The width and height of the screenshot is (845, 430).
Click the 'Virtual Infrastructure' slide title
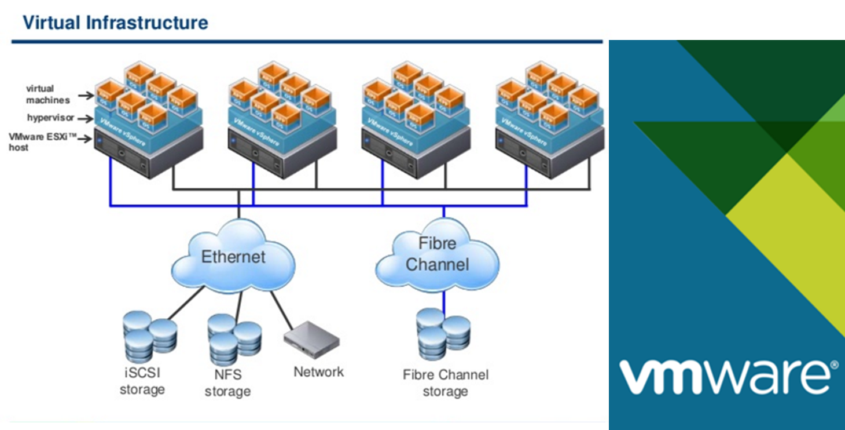115,23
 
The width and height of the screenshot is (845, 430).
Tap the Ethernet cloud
233,256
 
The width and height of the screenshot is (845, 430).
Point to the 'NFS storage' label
227,384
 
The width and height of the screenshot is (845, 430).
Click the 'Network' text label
318,371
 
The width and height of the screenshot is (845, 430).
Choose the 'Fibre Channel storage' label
445,383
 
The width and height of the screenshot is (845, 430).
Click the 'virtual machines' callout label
47,94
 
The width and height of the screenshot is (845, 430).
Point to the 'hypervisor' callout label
50,118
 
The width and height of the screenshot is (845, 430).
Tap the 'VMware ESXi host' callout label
42,142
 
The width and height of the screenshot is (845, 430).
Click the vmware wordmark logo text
723,376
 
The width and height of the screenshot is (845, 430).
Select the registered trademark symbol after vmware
833,365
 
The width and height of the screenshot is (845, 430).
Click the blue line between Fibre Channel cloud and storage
443,298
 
